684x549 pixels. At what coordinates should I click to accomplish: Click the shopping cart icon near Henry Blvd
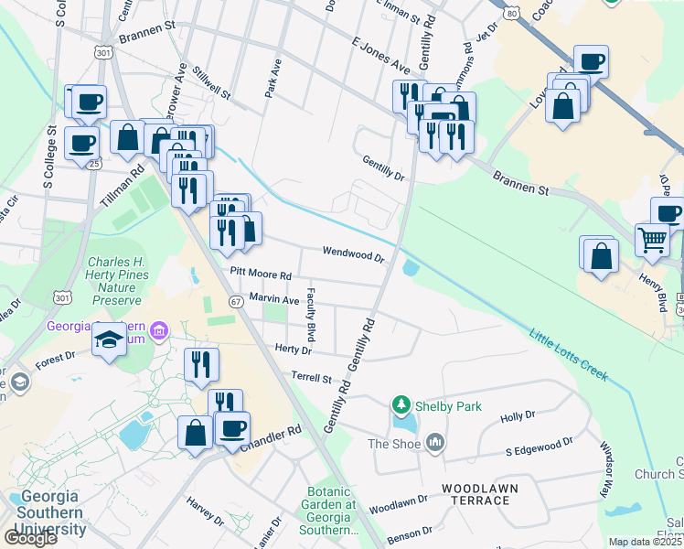[652, 240]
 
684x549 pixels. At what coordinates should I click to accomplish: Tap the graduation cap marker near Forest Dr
[110, 339]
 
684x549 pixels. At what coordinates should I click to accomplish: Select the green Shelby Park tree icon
[400, 404]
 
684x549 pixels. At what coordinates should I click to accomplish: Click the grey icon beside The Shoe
[433, 444]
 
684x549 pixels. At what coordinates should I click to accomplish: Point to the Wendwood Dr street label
[352, 253]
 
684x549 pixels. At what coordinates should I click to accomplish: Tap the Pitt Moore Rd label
[261, 274]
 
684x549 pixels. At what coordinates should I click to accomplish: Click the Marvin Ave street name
[274, 298]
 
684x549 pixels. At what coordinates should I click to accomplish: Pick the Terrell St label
[310, 377]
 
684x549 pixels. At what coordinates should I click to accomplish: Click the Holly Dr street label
[518, 416]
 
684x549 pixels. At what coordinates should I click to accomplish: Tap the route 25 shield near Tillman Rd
[95, 164]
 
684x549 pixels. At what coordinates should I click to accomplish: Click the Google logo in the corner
[30, 538]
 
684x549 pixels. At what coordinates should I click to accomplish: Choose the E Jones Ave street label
[380, 55]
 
